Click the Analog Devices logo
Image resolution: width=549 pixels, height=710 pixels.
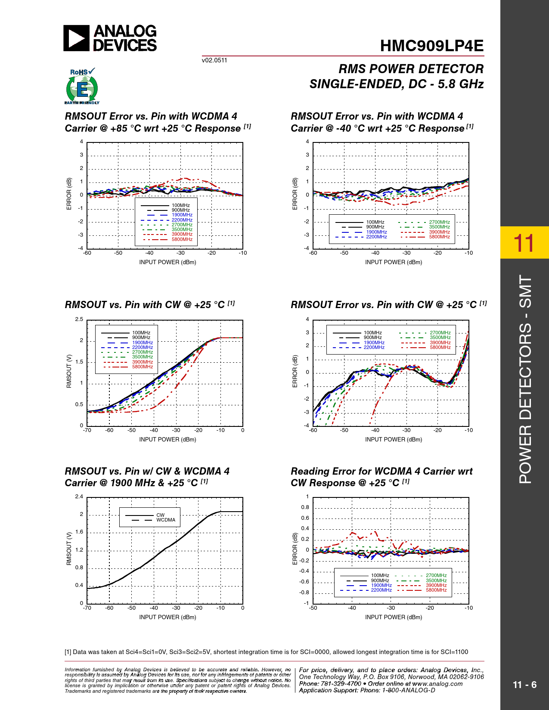click(x=110, y=38)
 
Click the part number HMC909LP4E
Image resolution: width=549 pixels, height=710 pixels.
click(x=431, y=46)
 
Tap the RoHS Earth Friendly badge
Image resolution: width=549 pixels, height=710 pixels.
click(x=82, y=86)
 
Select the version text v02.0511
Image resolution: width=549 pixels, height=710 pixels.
click(x=214, y=60)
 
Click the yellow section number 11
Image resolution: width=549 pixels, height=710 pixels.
click(x=524, y=243)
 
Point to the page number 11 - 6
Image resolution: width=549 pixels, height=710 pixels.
click(x=524, y=685)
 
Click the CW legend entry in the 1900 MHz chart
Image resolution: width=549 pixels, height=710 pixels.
click(x=160, y=515)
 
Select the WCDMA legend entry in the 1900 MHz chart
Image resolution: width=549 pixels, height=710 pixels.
click(x=166, y=520)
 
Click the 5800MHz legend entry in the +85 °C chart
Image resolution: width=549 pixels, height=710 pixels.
click(x=182, y=239)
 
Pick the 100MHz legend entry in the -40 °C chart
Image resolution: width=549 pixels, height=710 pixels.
click(x=375, y=222)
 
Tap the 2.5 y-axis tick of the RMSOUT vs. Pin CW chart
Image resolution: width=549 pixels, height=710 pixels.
click(x=79, y=319)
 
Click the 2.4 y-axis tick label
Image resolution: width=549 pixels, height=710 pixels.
click(x=79, y=497)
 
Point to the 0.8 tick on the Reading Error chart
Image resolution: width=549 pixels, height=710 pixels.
click(x=305, y=507)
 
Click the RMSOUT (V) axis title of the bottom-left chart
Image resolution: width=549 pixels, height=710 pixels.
click(x=69, y=549)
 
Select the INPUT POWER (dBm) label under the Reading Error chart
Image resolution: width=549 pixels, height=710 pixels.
click(x=394, y=617)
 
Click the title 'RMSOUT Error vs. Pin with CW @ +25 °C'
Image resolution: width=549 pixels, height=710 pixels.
click(x=384, y=305)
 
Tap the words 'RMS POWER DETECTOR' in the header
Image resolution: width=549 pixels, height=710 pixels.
click(x=411, y=69)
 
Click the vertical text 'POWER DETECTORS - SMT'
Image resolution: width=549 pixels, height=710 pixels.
click(x=525, y=379)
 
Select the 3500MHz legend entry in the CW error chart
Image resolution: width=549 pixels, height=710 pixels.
click(x=440, y=337)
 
